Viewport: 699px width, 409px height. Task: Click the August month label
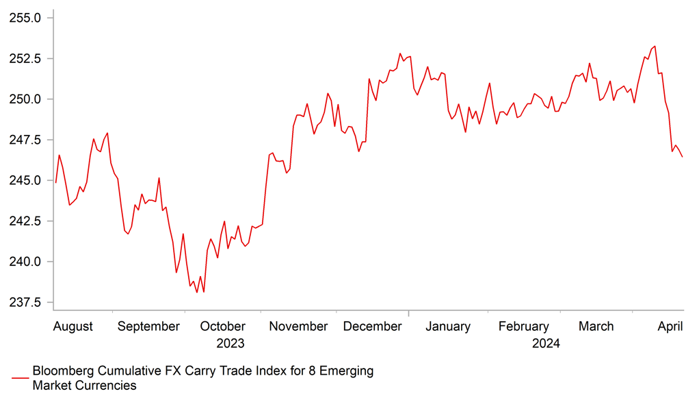pyautogui.click(x=72, y=327)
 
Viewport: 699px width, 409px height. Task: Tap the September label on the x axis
pyautogui.click(x=148, y=327)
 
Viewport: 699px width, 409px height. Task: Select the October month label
pyautogui.click(x=222, y=327)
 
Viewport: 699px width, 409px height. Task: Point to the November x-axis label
pyautogui.click(x=298, y=327)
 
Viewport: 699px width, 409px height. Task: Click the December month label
pyautogui.click(x=372, y=327)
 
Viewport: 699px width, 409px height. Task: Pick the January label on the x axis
pyautogui.click(x=448, y=327)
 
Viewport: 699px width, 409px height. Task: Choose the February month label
pyautogui.click(x=523, y=327)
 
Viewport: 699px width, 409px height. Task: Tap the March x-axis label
pyautogui.click(x=596, y=327)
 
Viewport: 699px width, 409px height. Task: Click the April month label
pyautogui.click(x=670, y=327)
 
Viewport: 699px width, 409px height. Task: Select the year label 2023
pyautogui.click(x=230, y=344)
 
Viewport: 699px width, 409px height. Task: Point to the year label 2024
pyautogui.click(x=546, y=344)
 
